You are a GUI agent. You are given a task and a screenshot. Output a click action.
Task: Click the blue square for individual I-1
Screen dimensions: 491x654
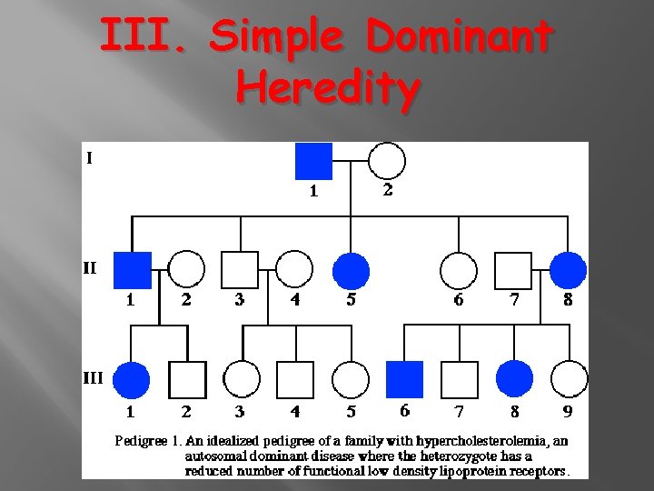314,162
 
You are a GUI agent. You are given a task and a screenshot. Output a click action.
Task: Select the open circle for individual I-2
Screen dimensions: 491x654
387,162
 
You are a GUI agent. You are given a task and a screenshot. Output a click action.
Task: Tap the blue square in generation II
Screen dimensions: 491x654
133,270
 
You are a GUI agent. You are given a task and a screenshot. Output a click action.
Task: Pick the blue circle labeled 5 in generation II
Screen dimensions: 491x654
351,270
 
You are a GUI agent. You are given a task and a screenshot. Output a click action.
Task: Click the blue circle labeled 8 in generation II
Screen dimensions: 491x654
569,270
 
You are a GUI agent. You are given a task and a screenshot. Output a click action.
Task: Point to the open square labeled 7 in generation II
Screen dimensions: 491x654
513,270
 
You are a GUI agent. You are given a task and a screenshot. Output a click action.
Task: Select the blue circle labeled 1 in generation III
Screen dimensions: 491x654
133,379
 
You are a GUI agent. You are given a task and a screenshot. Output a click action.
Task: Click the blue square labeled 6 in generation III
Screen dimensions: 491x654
405,379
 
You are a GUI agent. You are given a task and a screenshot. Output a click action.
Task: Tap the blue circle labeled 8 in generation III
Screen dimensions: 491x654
514,379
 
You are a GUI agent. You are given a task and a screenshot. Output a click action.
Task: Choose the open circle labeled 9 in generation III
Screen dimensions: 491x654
569,379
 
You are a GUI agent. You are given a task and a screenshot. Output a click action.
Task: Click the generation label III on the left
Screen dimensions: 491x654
93,376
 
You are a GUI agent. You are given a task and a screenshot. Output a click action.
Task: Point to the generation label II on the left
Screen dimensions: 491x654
90,268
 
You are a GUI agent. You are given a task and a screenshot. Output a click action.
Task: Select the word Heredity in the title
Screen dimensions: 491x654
328,88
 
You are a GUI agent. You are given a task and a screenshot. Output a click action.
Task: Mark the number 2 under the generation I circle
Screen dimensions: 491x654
388,190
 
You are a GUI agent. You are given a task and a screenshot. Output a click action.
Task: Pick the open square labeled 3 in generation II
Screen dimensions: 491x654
240,270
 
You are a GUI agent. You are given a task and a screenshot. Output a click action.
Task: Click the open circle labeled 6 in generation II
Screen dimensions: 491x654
459,270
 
